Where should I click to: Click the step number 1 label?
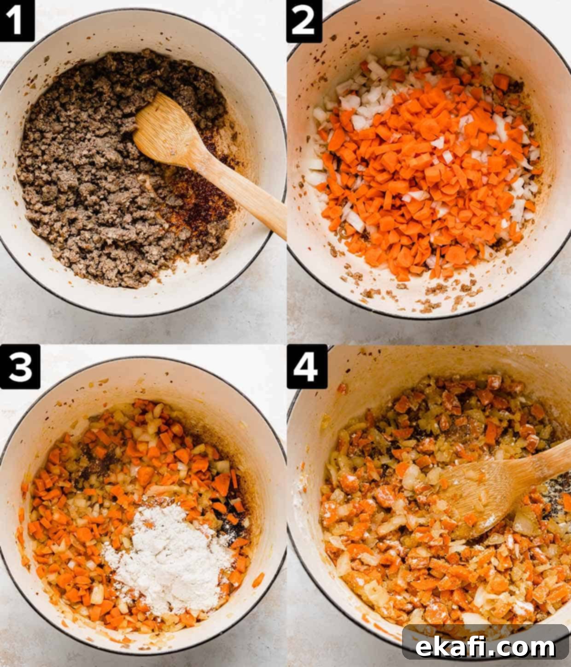pos(17,20)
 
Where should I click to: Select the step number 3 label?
pos(20,367)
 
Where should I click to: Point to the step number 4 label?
pos(306,367)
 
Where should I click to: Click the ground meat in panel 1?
pos(97,168)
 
